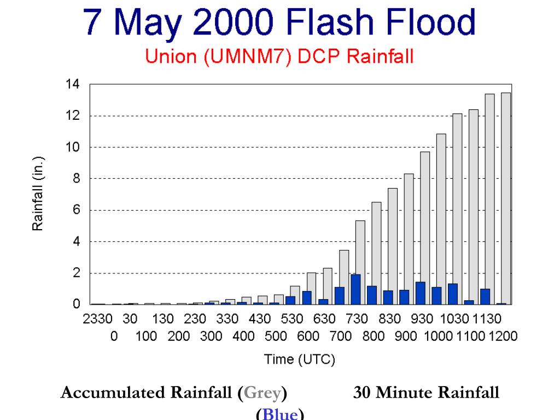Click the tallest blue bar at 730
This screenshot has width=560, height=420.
point(355,289)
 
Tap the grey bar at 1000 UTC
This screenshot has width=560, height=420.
point(441,219)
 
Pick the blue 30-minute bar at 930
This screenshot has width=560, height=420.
point(420,293)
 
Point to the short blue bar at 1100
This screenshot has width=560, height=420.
point(468,302)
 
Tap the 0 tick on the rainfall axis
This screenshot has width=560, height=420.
point(77,305)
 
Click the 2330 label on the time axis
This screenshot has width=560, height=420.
point(98,319)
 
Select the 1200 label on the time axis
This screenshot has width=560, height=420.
point(503,336)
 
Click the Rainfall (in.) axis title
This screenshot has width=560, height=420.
point(38,195)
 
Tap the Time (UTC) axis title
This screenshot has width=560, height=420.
point(300,359)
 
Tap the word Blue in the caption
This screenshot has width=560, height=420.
point(280,414)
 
